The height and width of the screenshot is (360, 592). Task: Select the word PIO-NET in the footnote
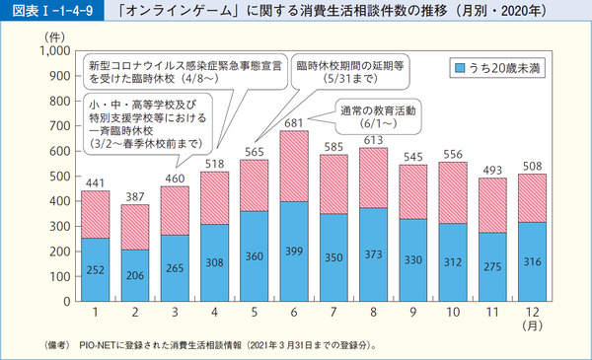click(x=107, y=346)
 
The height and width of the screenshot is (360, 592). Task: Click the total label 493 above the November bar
click(x=490, y=169)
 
